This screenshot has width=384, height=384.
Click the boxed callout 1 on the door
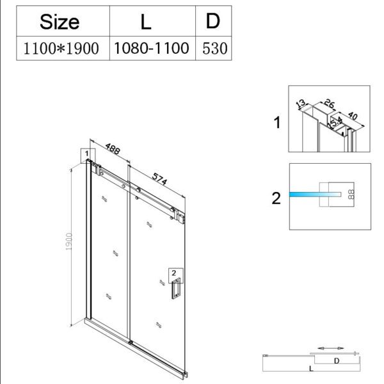[x=86, y=154]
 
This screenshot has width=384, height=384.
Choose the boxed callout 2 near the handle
[x=173, y=274]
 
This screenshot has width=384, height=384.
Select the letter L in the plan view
[x=310, y=369]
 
